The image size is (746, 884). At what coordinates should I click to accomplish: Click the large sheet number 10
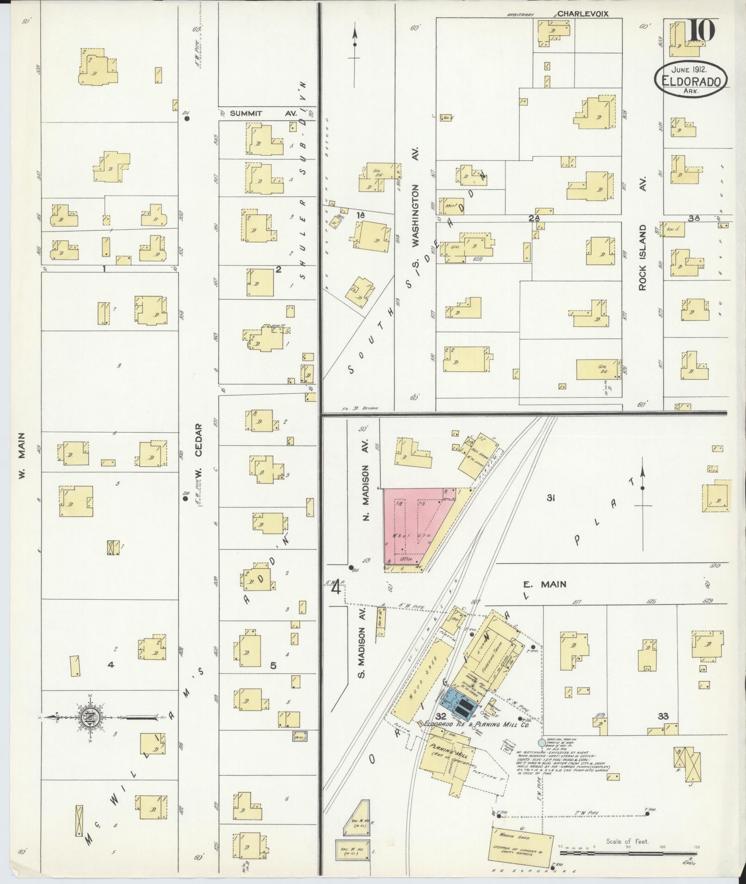[701, 31]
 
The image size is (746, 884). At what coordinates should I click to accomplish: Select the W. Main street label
[21, 456]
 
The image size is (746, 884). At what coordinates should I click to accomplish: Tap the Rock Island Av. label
[642, 258]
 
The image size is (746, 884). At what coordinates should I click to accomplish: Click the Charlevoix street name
[582, 14]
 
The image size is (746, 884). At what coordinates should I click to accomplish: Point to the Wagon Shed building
[522, 847]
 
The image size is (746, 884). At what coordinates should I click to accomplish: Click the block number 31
[550, 498]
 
